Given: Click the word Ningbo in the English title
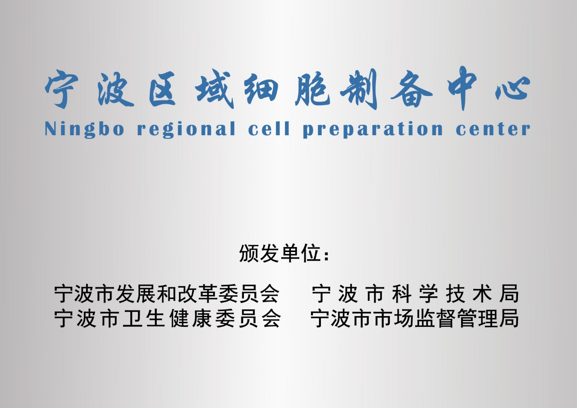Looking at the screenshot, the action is (84, 129).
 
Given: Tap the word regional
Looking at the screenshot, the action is (186, 129).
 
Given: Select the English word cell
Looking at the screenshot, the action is (269, 128).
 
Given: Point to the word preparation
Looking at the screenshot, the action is (373, 129).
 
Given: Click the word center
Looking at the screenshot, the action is (493, 128).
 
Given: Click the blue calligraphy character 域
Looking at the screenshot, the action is (214, 88).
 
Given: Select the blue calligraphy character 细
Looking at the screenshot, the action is (261, 89).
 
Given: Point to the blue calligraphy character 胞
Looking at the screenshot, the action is (312, 89).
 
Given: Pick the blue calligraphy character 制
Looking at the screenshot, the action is (359, 89).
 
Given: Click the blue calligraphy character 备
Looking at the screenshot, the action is (412, 89).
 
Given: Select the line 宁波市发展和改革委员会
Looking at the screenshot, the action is (167, 293).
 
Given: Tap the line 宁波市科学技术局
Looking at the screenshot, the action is (415, 293).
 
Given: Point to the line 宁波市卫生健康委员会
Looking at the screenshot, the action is (167, 318).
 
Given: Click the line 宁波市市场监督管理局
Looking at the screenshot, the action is (415, 318).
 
